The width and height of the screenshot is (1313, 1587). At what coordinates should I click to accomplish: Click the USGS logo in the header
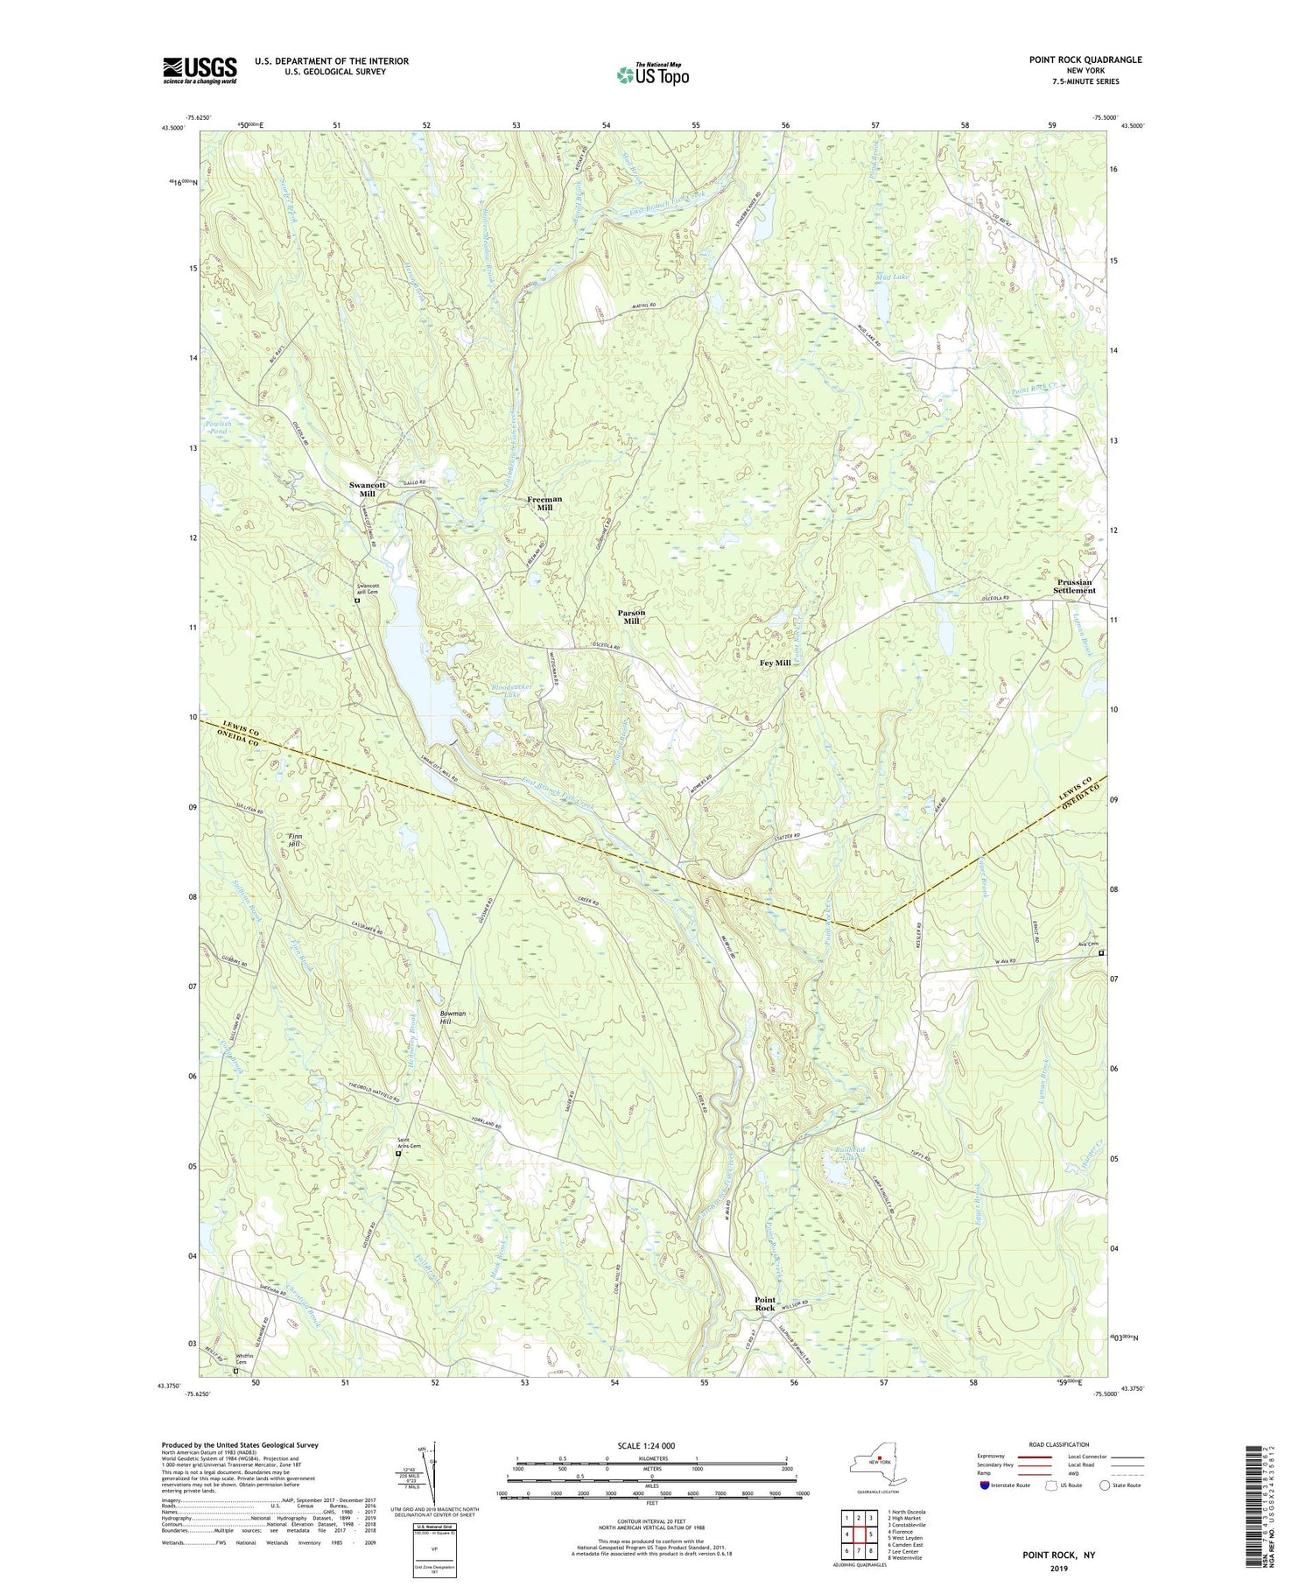point(200,70)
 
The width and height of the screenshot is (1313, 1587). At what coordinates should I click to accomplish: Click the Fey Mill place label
point(775,664)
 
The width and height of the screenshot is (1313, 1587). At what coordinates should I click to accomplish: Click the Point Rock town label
point(765,1303)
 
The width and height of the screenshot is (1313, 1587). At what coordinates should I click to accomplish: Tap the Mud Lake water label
point(893,277)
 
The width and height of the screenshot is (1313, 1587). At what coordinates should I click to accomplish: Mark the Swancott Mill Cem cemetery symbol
point(357,600)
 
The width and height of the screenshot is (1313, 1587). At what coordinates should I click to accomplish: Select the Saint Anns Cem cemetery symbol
point(398,1154)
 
